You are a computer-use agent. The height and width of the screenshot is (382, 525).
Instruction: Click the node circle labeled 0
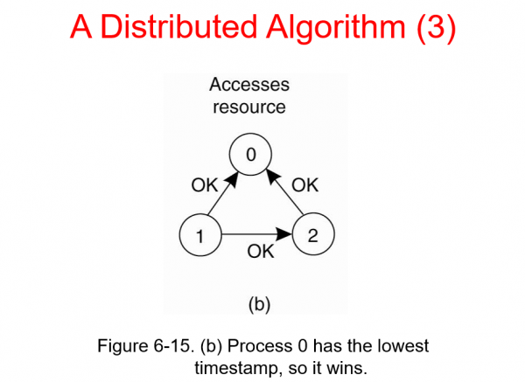tap(249, 156)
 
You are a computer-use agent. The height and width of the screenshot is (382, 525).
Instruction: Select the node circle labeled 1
tap(199, 234)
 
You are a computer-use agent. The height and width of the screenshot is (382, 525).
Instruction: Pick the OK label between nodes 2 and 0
tap(304, 185)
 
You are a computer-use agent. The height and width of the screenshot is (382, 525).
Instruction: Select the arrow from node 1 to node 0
tap(225, 197)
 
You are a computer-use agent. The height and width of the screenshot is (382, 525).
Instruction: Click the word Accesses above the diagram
tap(249, 86)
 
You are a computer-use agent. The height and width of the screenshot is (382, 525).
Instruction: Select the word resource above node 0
tap(249, 107)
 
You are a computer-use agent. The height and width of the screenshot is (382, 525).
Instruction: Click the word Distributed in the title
tap(187, 29)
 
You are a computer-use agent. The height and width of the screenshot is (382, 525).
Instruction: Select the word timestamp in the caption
tap(232, 366)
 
